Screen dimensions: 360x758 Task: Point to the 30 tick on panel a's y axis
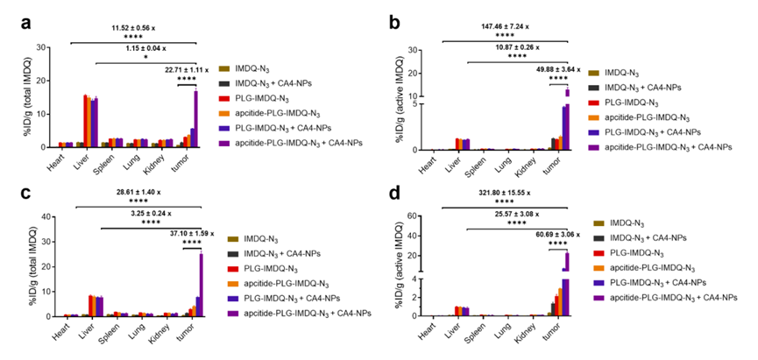coord(45,45)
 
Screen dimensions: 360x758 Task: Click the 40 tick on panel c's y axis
coord(45,215)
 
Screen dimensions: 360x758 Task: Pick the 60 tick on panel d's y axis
coord(426,215)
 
